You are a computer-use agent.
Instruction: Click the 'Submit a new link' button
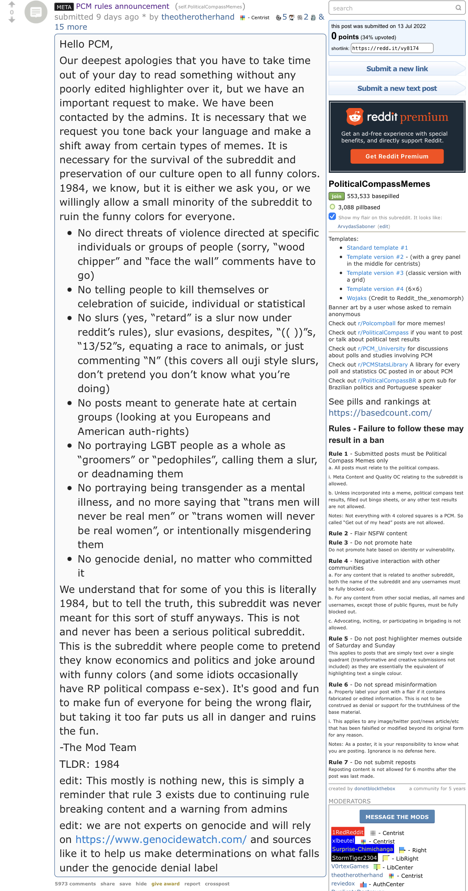pyautogui.click(x=397, y=69)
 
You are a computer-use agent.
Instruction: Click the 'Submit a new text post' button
pyautogui.click(x=397, y=88)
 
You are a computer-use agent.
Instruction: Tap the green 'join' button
pyautogui.click(x=336, y=196)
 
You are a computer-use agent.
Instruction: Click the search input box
pyautogui.click(x=392, y=8)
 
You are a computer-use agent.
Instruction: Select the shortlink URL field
pyautogui.click(x=392, y=48)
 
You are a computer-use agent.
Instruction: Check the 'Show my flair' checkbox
pyautogui.click(x=332, y=216)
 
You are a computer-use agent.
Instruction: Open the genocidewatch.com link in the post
pyautogui.click(x=161, y=839)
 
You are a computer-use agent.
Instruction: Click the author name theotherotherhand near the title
pyautogui.click(x=198, y=17)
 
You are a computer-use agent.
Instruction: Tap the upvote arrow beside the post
pyautogui.click(x=12, y=4)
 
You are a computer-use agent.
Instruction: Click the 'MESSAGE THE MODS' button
pyautogui.click(x=397, y=817)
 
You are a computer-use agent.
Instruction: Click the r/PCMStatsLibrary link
pyautogui.click(x=382, y=364)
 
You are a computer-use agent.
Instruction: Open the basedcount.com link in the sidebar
pyautogui.click(x=380, y=412)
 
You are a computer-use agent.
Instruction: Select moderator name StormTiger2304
pyautogui.click(x=354, y=858)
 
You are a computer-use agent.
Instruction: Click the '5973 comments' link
pyautogui.click(x=75, y=884)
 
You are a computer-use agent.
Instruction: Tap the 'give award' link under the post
pyautogui.click(x=165, y=884)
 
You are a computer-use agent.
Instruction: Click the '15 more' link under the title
pyautogui.click(x=71, y=27)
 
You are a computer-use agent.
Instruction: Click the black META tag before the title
pyautogui.click(x=64, y=7)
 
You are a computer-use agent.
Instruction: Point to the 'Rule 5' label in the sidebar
pyautogui.click(x=338, y=639)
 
